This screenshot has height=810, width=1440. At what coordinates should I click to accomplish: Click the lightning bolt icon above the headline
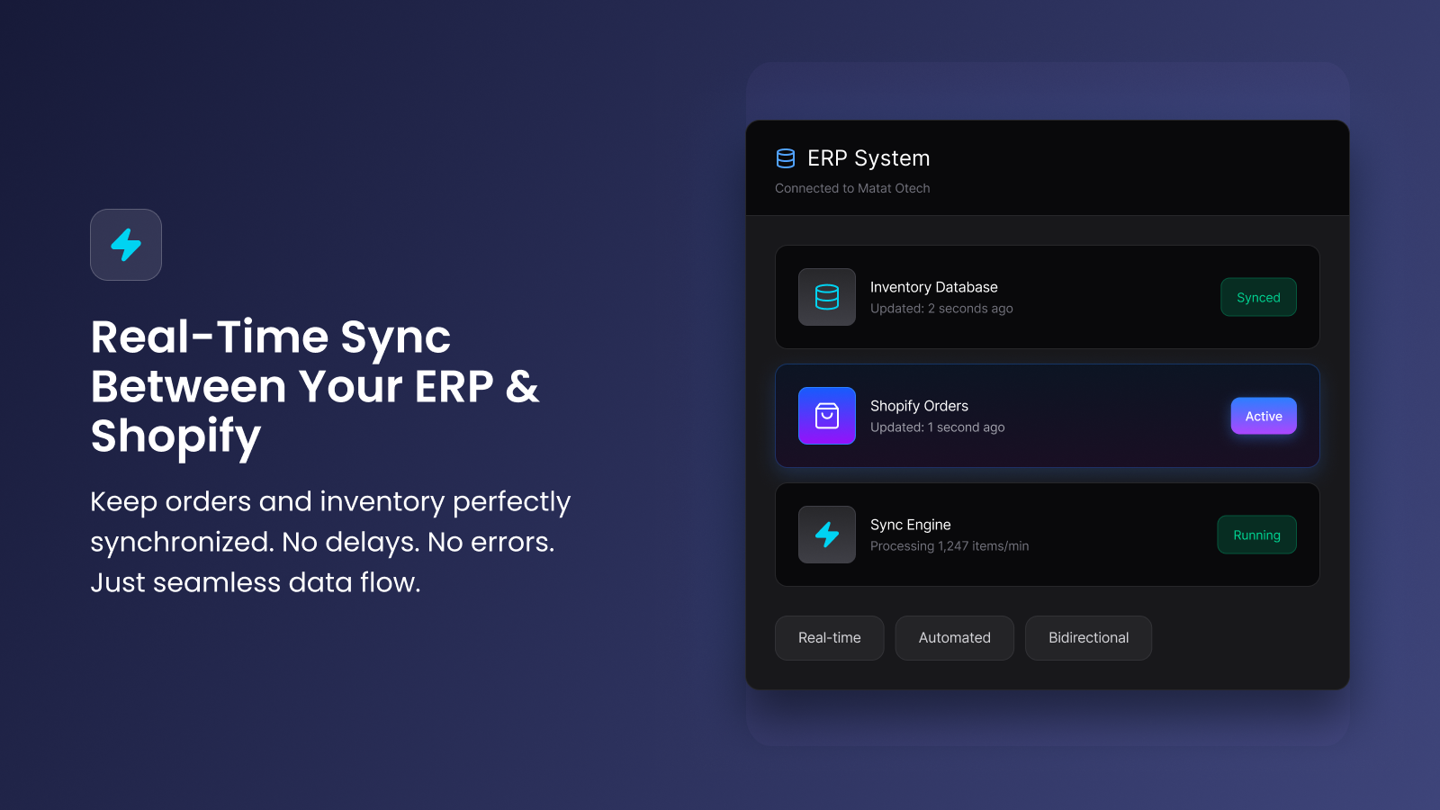[126, 244]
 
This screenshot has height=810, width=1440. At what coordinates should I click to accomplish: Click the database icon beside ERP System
[786, 158]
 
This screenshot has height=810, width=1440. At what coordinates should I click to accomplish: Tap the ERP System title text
[868, 158]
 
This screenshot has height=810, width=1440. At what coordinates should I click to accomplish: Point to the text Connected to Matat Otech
[852, 188]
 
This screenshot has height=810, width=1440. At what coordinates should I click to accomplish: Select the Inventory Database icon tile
[827, 297]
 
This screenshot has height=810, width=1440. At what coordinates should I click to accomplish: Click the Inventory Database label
[934, 287]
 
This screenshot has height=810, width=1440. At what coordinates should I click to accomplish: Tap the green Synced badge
[1259, 297]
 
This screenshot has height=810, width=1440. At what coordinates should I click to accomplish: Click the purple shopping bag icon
[827, 416]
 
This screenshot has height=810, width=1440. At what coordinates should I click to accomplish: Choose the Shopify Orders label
[919, 406]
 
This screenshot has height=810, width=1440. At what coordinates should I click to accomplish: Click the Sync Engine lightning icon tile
[827, 535]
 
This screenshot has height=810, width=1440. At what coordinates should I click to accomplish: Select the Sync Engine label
[910, 526]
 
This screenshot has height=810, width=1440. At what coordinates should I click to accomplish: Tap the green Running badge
[1256, 535]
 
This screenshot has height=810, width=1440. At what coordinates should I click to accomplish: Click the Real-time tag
[829, 638]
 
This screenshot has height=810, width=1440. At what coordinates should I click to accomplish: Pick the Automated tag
[955, 638]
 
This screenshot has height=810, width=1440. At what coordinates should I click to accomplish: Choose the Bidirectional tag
[1088, 638]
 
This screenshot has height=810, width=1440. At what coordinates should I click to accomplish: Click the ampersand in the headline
[522, 387]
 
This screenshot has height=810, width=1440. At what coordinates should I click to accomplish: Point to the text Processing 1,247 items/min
[949, 546]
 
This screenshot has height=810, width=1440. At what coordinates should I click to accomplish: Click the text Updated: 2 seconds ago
[941, 309]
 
